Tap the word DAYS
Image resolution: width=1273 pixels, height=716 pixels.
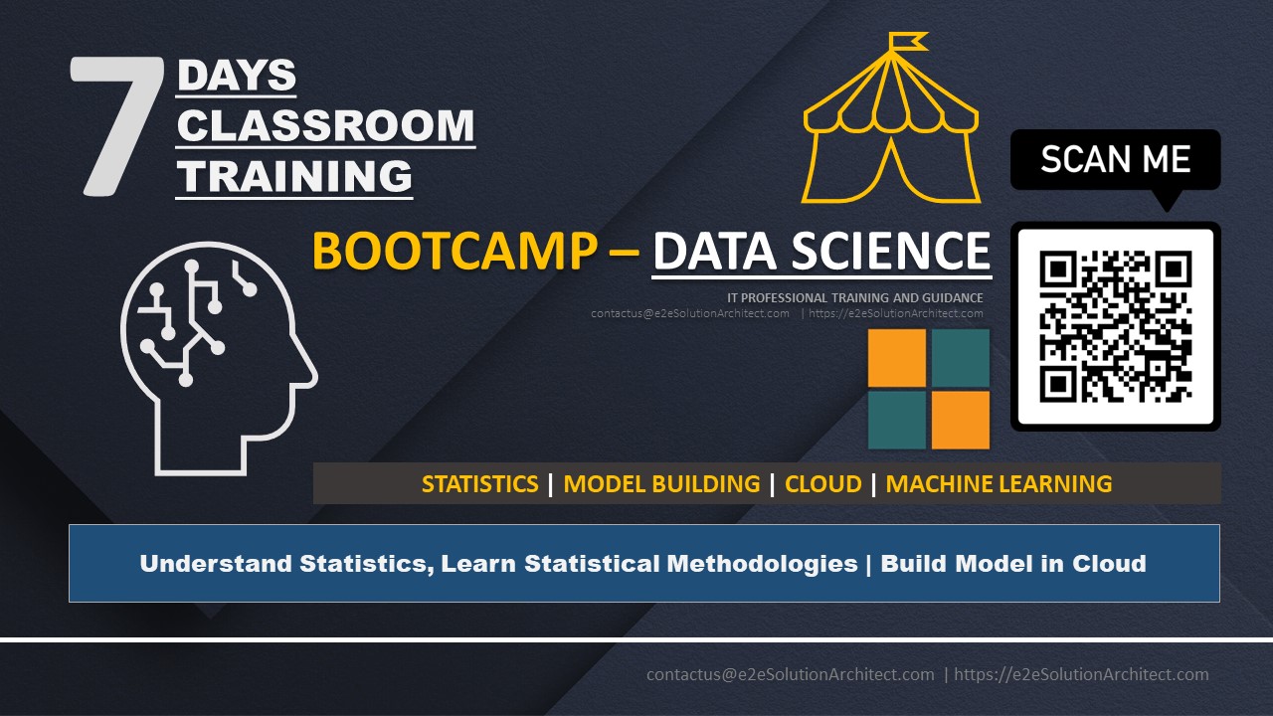237,75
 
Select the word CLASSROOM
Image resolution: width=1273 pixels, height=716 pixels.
325,125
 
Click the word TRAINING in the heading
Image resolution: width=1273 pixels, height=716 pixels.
294,176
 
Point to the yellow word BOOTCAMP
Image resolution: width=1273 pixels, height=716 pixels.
455,251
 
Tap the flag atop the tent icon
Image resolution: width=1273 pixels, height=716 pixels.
908,41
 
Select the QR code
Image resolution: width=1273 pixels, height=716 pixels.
1116,326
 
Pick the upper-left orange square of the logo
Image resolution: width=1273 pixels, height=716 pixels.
897,358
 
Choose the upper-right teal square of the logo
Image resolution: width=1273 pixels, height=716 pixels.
961,358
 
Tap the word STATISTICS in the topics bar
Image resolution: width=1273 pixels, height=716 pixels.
479,484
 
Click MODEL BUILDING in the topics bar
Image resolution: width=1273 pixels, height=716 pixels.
661,484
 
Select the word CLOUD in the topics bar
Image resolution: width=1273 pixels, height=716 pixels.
822,484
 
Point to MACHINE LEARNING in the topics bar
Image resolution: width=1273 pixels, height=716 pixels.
999,484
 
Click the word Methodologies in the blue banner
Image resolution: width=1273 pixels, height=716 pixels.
762,564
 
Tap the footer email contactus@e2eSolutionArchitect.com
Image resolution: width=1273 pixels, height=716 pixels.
790,674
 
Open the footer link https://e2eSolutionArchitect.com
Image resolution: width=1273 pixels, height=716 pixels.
1081,674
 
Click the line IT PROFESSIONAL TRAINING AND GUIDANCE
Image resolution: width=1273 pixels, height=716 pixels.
854,297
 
